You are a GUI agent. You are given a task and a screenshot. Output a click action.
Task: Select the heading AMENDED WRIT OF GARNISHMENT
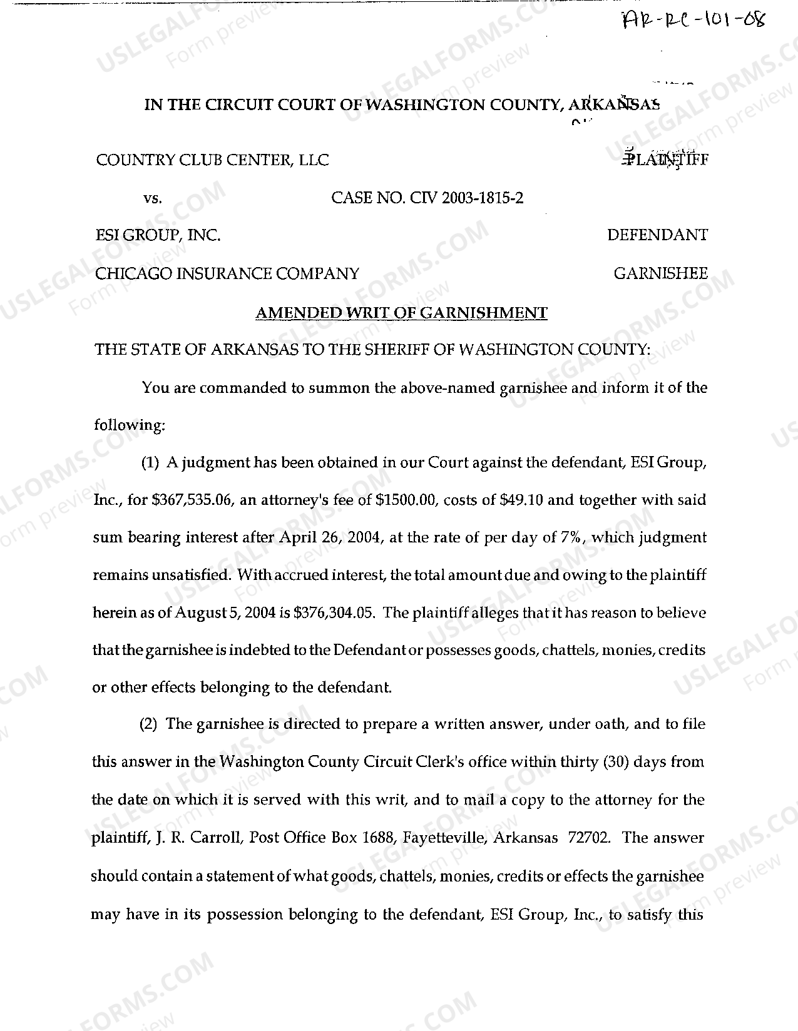(401, 313)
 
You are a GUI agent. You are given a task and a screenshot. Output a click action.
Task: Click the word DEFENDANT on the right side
(657, 235)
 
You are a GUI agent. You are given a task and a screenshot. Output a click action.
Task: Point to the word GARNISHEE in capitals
(661, 273)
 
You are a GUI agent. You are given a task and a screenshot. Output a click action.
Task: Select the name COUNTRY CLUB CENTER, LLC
(212, 160)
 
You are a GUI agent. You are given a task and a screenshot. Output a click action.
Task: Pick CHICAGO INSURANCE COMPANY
(227, 273)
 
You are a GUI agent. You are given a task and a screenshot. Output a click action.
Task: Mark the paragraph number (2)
(149, 724)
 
